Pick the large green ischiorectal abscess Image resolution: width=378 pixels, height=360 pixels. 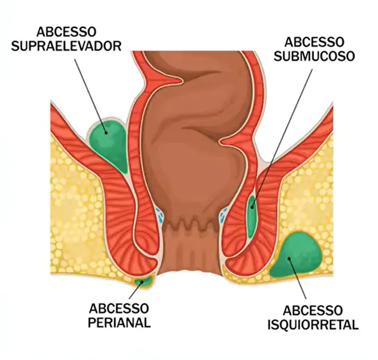click(296, 255)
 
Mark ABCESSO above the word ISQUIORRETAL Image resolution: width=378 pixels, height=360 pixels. click(313, 311)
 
